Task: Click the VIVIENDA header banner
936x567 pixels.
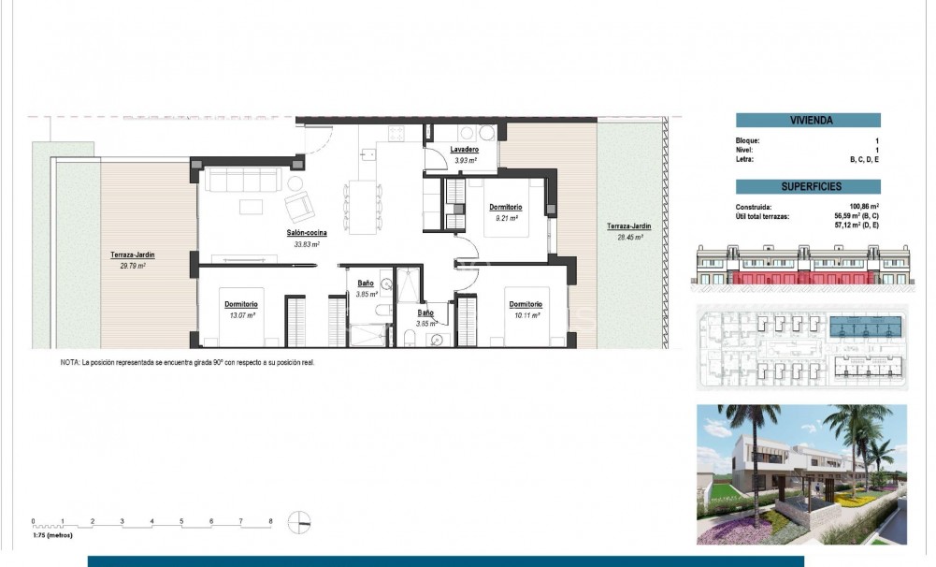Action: (808, 120)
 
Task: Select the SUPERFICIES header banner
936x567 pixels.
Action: (808, 186)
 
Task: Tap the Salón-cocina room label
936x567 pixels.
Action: (307, 233)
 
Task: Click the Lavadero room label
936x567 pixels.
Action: (464, 150)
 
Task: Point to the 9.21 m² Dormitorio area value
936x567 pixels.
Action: (505, 217)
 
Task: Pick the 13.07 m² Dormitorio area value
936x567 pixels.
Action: (240, 314)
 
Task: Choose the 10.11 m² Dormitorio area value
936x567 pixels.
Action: (526, 314)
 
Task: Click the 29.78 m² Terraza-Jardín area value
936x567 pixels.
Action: (128, 266)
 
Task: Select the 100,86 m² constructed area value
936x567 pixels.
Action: (863, 207)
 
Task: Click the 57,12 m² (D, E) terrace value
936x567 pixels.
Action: (857, 225)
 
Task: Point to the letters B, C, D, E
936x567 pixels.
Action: (865, 160)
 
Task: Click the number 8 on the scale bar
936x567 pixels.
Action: (270, 520)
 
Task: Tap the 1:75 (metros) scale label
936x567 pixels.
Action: (52, 535)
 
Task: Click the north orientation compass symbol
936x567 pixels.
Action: (300, 523)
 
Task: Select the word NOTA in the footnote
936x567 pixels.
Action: (70, 361)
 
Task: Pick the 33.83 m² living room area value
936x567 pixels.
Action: (308, 244)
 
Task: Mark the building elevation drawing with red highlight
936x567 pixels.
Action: (801, 266)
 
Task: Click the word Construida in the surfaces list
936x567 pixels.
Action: (754, 207)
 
